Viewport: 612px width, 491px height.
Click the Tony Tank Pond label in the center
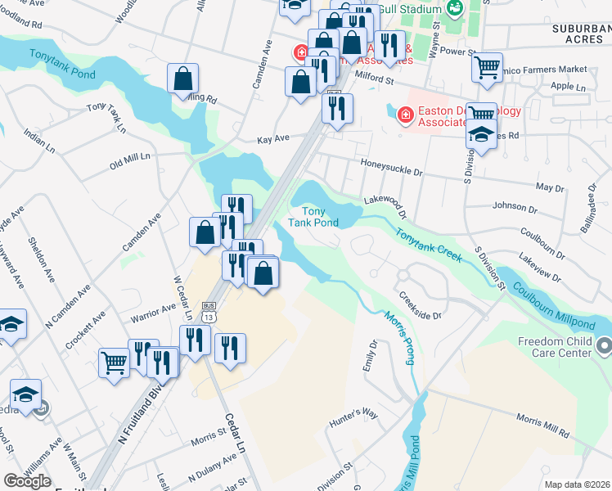313,217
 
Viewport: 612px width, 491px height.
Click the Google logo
27,481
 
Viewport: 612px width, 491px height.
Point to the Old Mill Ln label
131,160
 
